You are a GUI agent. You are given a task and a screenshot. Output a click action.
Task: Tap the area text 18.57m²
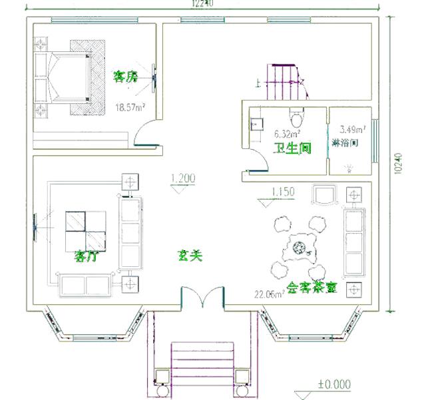[x=130, y=106]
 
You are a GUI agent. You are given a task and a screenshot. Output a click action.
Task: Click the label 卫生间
[x=293, y=148]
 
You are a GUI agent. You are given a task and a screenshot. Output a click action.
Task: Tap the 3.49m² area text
[x=352, y=129]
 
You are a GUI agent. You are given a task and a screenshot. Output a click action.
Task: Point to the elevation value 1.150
[x=282, y=192]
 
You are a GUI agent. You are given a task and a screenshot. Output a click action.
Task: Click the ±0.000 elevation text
[x=333, y=385]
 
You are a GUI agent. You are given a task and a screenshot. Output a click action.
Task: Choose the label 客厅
[x=86, y=256]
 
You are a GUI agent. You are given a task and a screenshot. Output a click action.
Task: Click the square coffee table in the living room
[x=86, y=230]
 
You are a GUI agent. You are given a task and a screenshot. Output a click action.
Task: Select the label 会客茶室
[x=312, y=288]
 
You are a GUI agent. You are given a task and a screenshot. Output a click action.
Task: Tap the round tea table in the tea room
[x=298, y=250]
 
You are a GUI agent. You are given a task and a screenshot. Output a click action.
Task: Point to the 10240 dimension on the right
[x=397, y=164]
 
